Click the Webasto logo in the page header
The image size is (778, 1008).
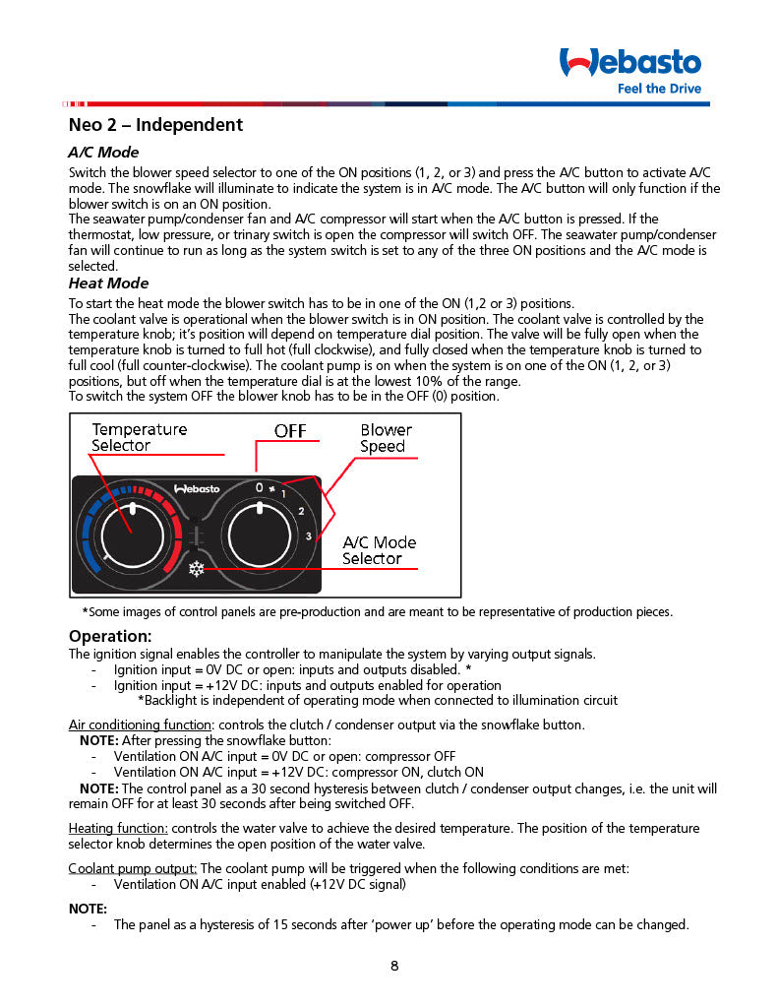[629, 63]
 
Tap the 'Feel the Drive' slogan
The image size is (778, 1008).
[659, 89]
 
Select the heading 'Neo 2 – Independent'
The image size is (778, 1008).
[155, 125]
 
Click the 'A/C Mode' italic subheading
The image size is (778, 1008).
[103, 153]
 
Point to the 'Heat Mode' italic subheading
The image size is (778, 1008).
[108, 283]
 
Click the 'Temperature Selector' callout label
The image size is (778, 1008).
[139, 437]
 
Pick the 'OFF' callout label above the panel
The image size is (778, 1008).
[290, 431]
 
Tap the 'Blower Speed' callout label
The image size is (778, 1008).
[386, 438]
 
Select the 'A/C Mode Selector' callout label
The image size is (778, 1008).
[379, 550]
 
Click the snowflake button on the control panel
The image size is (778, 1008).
[196, 569]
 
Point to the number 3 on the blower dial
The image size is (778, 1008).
[308, 535]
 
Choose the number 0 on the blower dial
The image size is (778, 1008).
[260, 487]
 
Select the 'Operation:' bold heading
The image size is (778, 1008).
[110, 636]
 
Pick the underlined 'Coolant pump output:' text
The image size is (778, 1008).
[133, 868]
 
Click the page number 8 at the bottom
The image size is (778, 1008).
[394, 966]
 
